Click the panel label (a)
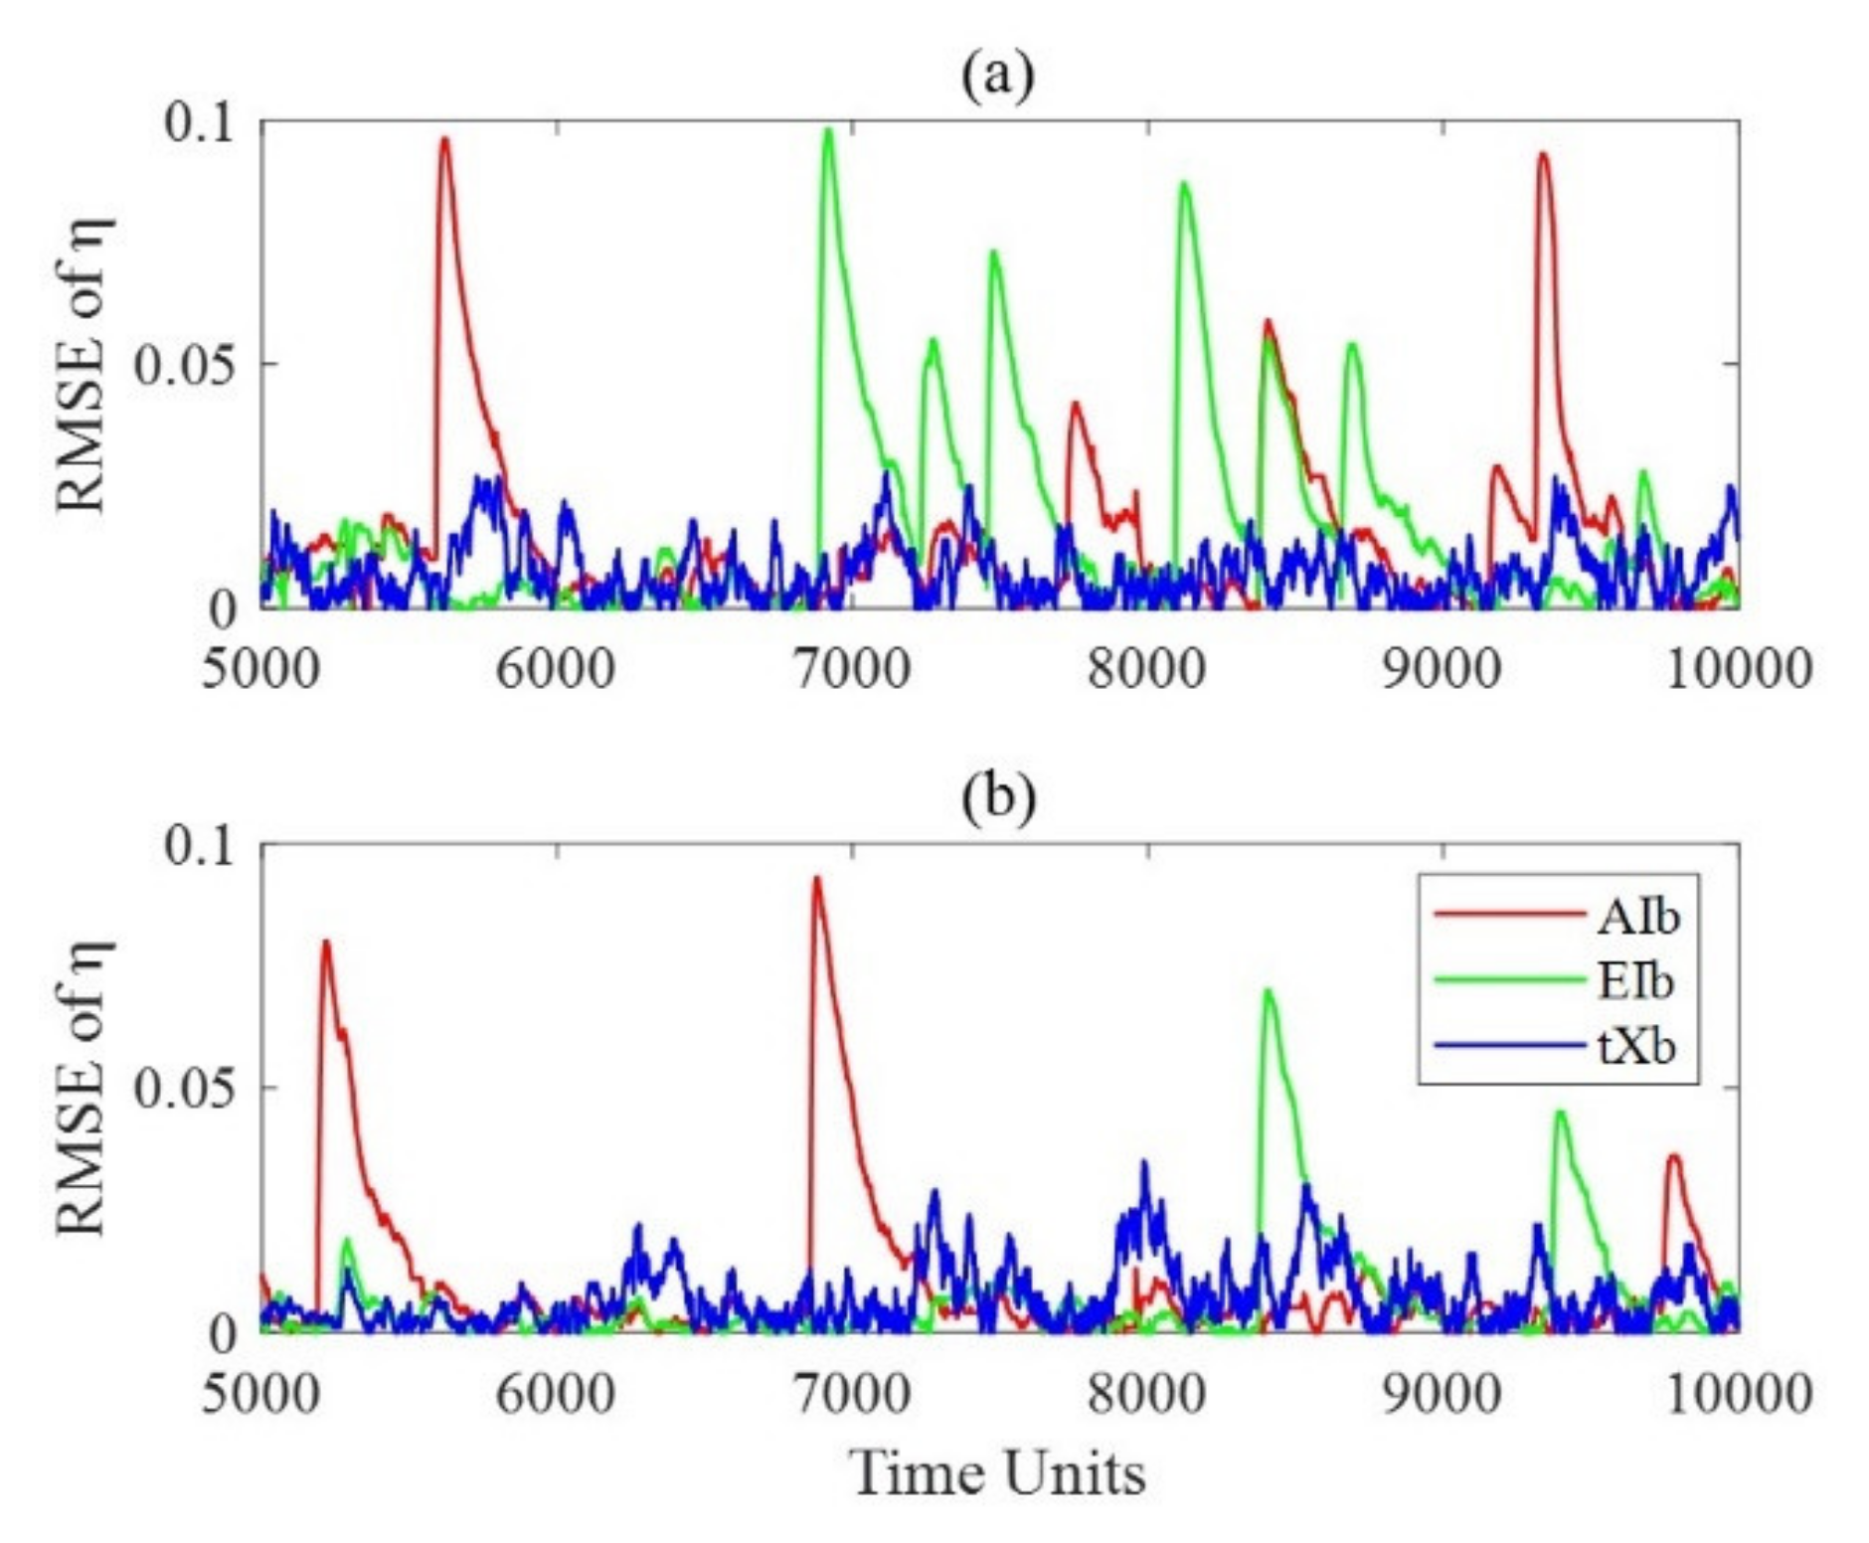(x=997, y=76)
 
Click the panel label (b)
(x=997, y=797)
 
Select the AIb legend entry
(x=1636, y=916)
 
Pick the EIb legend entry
(x=1635, y=981)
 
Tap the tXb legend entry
(x=1635, y=1047)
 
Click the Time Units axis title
(x=997, y=1472)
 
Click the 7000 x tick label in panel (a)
(x=852, y=669)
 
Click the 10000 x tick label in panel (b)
(x=1738, y=1393)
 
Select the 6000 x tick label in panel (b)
(x=556, y=1393)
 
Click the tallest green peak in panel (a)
(x=827, y=130)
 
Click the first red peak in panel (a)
(x=444, y=140)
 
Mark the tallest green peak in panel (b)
(x=1268, y=990)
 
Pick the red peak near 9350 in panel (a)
(x=1542, y=155)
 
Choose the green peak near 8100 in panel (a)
(x=1183, y=184)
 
